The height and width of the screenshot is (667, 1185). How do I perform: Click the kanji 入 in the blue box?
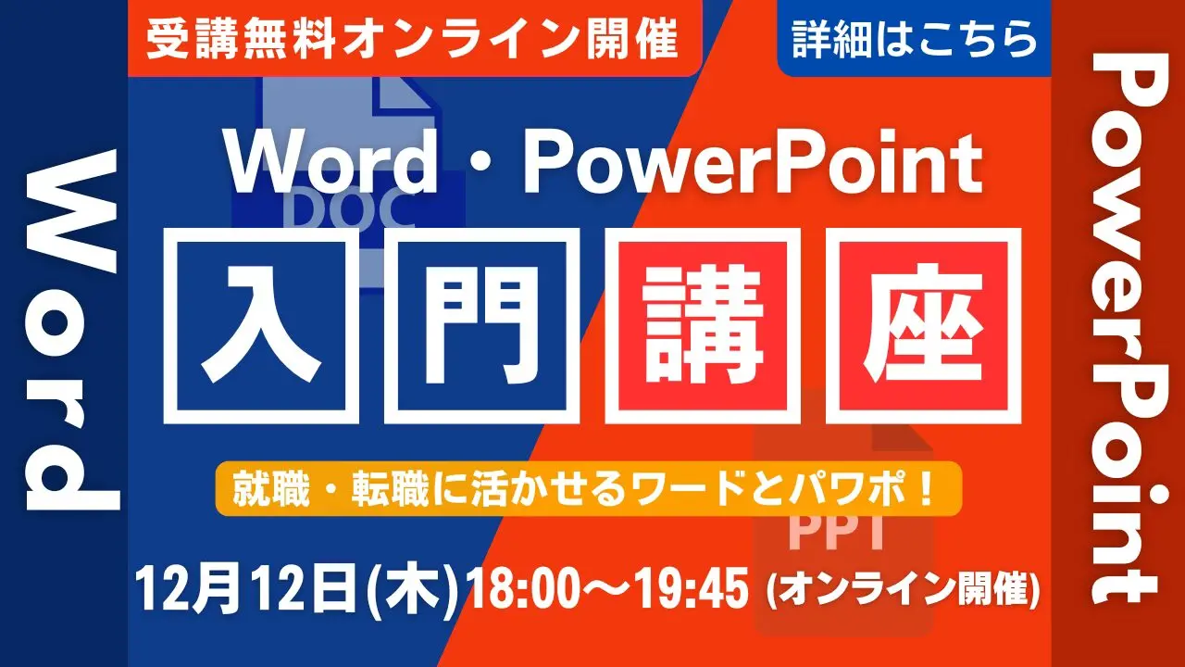click(261, 324)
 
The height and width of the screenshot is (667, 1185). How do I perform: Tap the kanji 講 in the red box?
click(703, 324)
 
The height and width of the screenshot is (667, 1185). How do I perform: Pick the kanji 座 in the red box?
click(923, 324)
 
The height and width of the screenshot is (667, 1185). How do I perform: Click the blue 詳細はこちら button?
click(914, 38)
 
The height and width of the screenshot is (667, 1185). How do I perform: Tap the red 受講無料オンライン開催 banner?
click(414, 38)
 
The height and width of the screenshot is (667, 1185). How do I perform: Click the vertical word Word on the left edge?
click(71, 330)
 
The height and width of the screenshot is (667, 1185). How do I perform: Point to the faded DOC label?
click(349, 210)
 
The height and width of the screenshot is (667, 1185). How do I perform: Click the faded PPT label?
click(836, 532)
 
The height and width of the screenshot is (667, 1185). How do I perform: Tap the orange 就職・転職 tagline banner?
click(588, 488)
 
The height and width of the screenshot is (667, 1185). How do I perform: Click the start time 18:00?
click(521, 588)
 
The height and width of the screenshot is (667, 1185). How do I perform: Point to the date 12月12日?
click(246, 588)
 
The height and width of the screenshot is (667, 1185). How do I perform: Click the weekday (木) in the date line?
click(413, 590)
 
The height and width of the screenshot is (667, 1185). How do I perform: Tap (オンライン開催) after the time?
click(903, 590)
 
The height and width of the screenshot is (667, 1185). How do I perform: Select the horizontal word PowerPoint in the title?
click(753, 162)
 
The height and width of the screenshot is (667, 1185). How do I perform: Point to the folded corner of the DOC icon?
click(405, 95)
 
